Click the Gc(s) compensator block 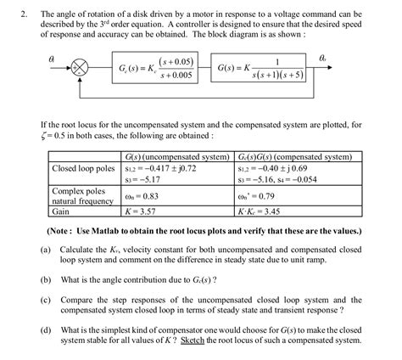[x=157, y=68]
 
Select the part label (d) [x=45, y=329]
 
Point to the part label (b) [x=45, y=278]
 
